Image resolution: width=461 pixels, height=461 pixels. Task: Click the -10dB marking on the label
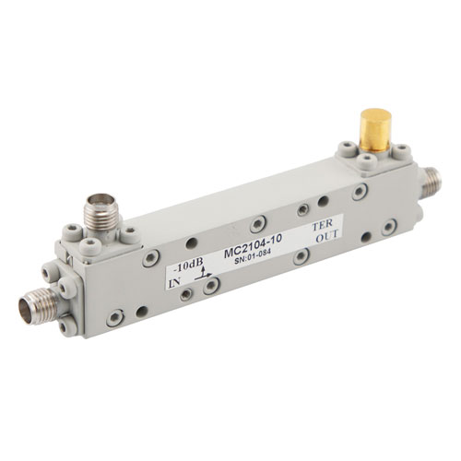pyautogui.click(x=188, y=264)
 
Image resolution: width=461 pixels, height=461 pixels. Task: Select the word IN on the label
pyautogui.click(x=174, y=282)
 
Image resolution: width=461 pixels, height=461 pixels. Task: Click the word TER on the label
pyautogui.click(x=323, y=225)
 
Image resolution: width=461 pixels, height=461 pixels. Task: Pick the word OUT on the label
pyautogui.click(x=328, y=236)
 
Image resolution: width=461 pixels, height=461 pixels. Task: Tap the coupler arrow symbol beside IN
pyautogui.click(x=203, y=273)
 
